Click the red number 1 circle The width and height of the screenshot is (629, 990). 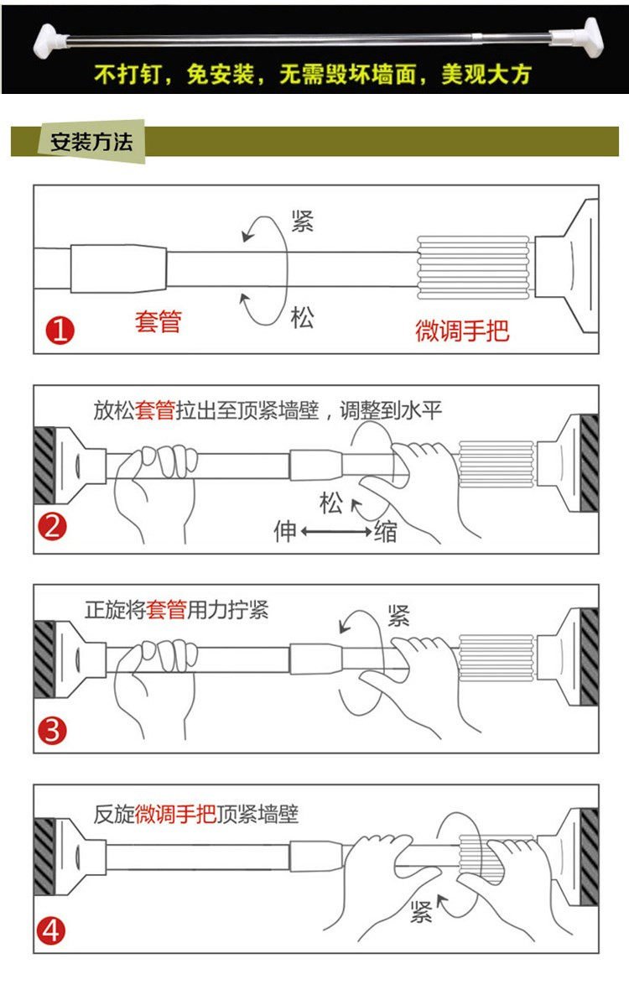tap(60, 331)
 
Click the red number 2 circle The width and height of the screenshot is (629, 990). tap(53, 529)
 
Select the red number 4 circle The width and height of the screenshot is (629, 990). tap(53, 930)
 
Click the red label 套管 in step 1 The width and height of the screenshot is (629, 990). tap(158, 321)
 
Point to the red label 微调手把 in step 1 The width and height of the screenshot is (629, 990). tap(462, 330)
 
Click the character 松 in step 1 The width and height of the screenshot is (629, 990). tap(302, 318)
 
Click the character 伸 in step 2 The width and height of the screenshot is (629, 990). tap(285, 531)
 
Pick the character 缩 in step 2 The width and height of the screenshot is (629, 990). tap(387, 531)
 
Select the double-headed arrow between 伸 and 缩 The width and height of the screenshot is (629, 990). tap(335, 532)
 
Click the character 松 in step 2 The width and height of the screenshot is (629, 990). tap(331, 503)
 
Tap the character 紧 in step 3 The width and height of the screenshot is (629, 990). tap(398, 617)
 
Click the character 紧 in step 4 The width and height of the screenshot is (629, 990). tap(421, 913)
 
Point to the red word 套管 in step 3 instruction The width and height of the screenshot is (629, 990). tap(166, 610)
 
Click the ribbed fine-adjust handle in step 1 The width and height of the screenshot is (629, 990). tap(474, 267)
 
